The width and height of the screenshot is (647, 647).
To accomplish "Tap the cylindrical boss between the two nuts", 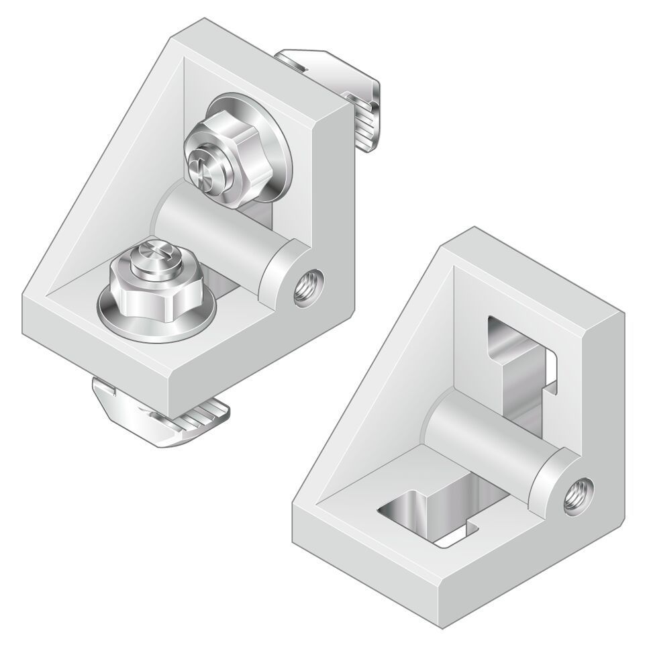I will point(215,228).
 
